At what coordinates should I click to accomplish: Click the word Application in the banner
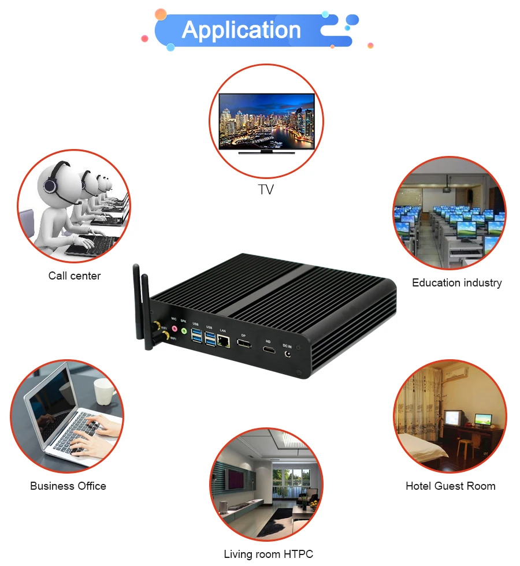click(241, 30)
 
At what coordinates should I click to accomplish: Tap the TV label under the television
click(266, 190)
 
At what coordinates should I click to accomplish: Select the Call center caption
click(75, 275)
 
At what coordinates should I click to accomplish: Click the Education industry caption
click(456, 282)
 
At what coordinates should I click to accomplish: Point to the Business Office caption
click(68, 486)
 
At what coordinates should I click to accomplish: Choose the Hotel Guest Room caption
click(450, 486)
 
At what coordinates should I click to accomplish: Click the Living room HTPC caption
click(268, 554)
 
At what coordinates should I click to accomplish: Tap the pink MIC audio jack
click(173, 328)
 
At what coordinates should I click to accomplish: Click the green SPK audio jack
click(184, 331)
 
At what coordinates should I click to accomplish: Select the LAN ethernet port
click(224, 341)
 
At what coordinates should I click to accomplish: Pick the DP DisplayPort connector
click(244, 345)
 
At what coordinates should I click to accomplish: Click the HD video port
click(268, 350)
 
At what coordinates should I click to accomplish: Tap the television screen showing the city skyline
click(266, 120)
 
